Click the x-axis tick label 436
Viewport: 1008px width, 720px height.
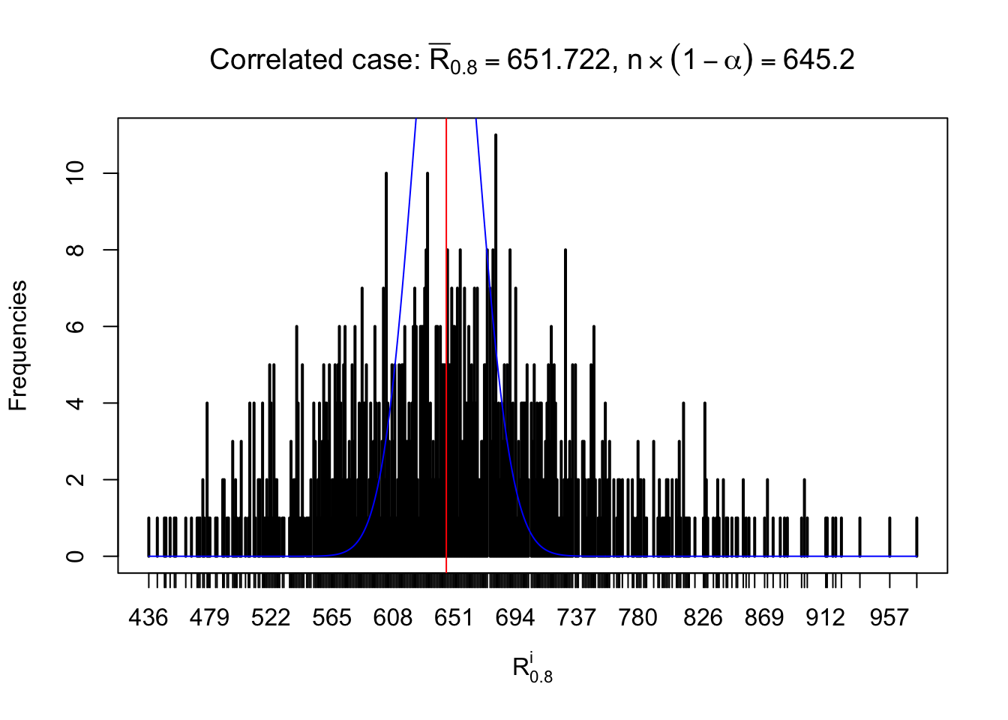click(148, 618)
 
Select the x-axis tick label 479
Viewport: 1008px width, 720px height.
click(209, 618)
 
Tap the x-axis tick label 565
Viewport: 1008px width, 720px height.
click(331, 618)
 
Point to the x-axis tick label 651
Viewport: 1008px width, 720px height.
click(454, 618)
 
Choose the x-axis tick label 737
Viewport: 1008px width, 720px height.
click(576, 618)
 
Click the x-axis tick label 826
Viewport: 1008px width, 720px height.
click(703, 618)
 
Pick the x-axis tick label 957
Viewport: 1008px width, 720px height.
click(889, 618)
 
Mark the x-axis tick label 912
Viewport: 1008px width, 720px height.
click(825, 618)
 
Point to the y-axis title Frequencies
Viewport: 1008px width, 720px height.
click(18, 346)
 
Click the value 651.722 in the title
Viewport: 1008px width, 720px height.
click(559, 60)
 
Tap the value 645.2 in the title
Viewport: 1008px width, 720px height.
click(818, 60)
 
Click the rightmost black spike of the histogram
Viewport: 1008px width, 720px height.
click(916, 536)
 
